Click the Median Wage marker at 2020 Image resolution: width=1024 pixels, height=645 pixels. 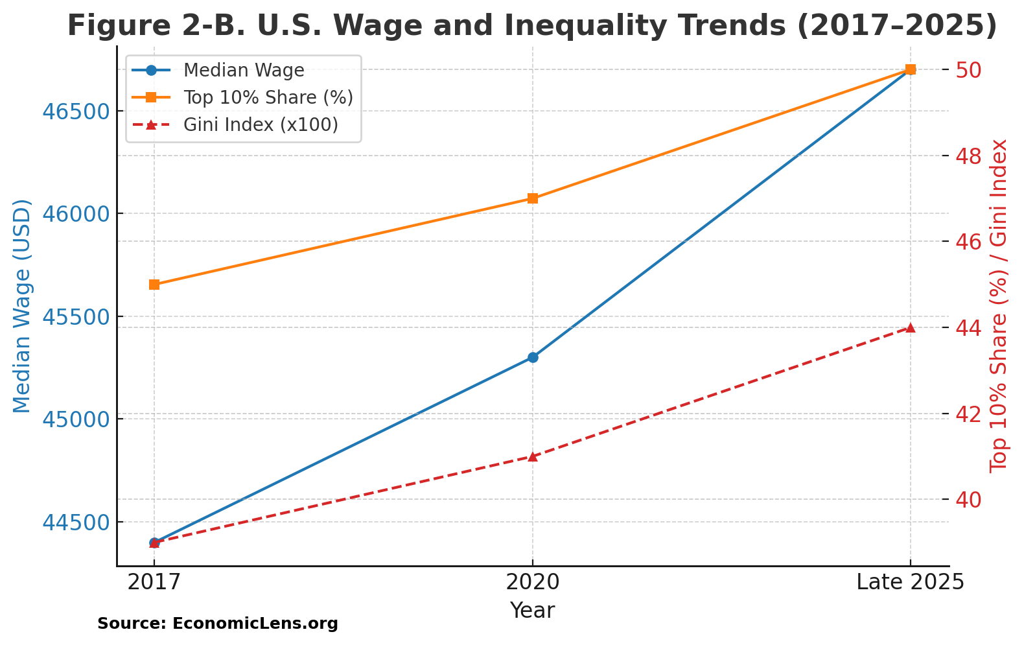coord(533,357)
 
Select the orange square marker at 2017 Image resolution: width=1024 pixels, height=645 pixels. coord(154,285)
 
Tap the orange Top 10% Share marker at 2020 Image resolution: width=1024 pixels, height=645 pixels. coord(533,198)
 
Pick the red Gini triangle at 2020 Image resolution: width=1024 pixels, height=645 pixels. coord(533,456)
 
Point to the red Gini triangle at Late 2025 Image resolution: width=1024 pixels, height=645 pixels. coord(911,327)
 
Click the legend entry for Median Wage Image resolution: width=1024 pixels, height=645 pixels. coord(244,70)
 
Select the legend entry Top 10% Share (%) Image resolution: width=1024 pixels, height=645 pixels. coord(268,97)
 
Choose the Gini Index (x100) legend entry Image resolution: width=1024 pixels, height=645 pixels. coord(261,124)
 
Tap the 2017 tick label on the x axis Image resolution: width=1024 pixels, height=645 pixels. coord(154,582)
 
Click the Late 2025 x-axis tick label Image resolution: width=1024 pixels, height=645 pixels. coord(910,582)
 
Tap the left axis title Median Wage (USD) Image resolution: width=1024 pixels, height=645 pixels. coord(22,306)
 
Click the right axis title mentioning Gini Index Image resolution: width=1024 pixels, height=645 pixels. coord(999,306)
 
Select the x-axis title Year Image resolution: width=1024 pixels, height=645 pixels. coord(532,611)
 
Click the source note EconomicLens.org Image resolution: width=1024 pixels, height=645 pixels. coord(218,624)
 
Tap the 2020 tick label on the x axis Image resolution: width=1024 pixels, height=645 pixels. coord(533,582)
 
